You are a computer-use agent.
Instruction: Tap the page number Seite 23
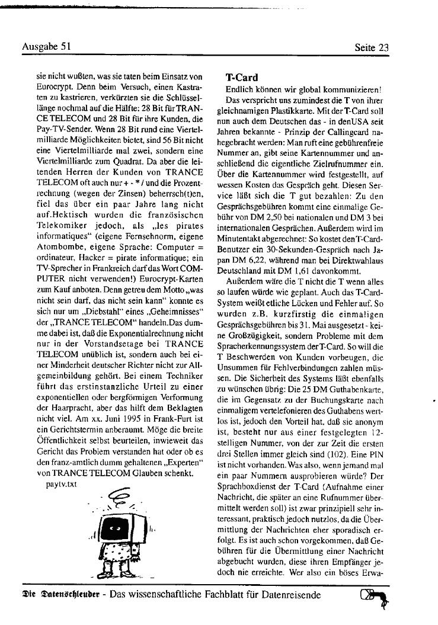click(x=372, y=47)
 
